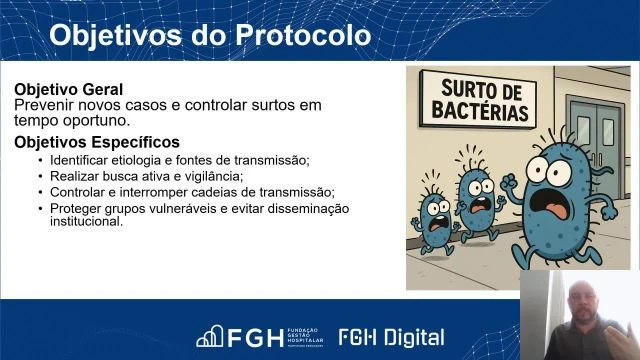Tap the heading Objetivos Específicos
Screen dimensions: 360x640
pyautogui.click(x=97, y=142)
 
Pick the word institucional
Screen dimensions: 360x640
pyautogui.click(x=86, y=221)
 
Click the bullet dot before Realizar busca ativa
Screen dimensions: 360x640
pyautogui.click(x=40, y=176)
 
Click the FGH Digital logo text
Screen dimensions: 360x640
pyautogui.click(x=391, y=337)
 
